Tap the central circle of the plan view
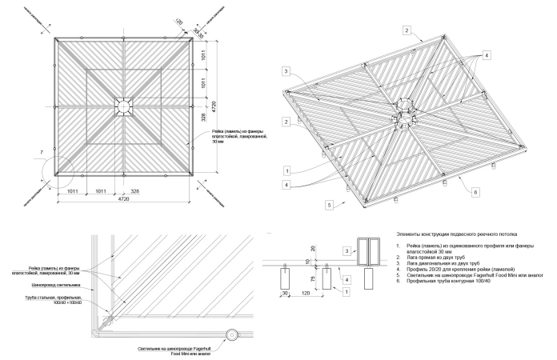click(124, 106)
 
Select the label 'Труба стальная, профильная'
click(55, 298)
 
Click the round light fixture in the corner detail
click(231, 336)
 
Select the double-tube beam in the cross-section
click(369, 251)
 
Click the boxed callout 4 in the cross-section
click(347, 279)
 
